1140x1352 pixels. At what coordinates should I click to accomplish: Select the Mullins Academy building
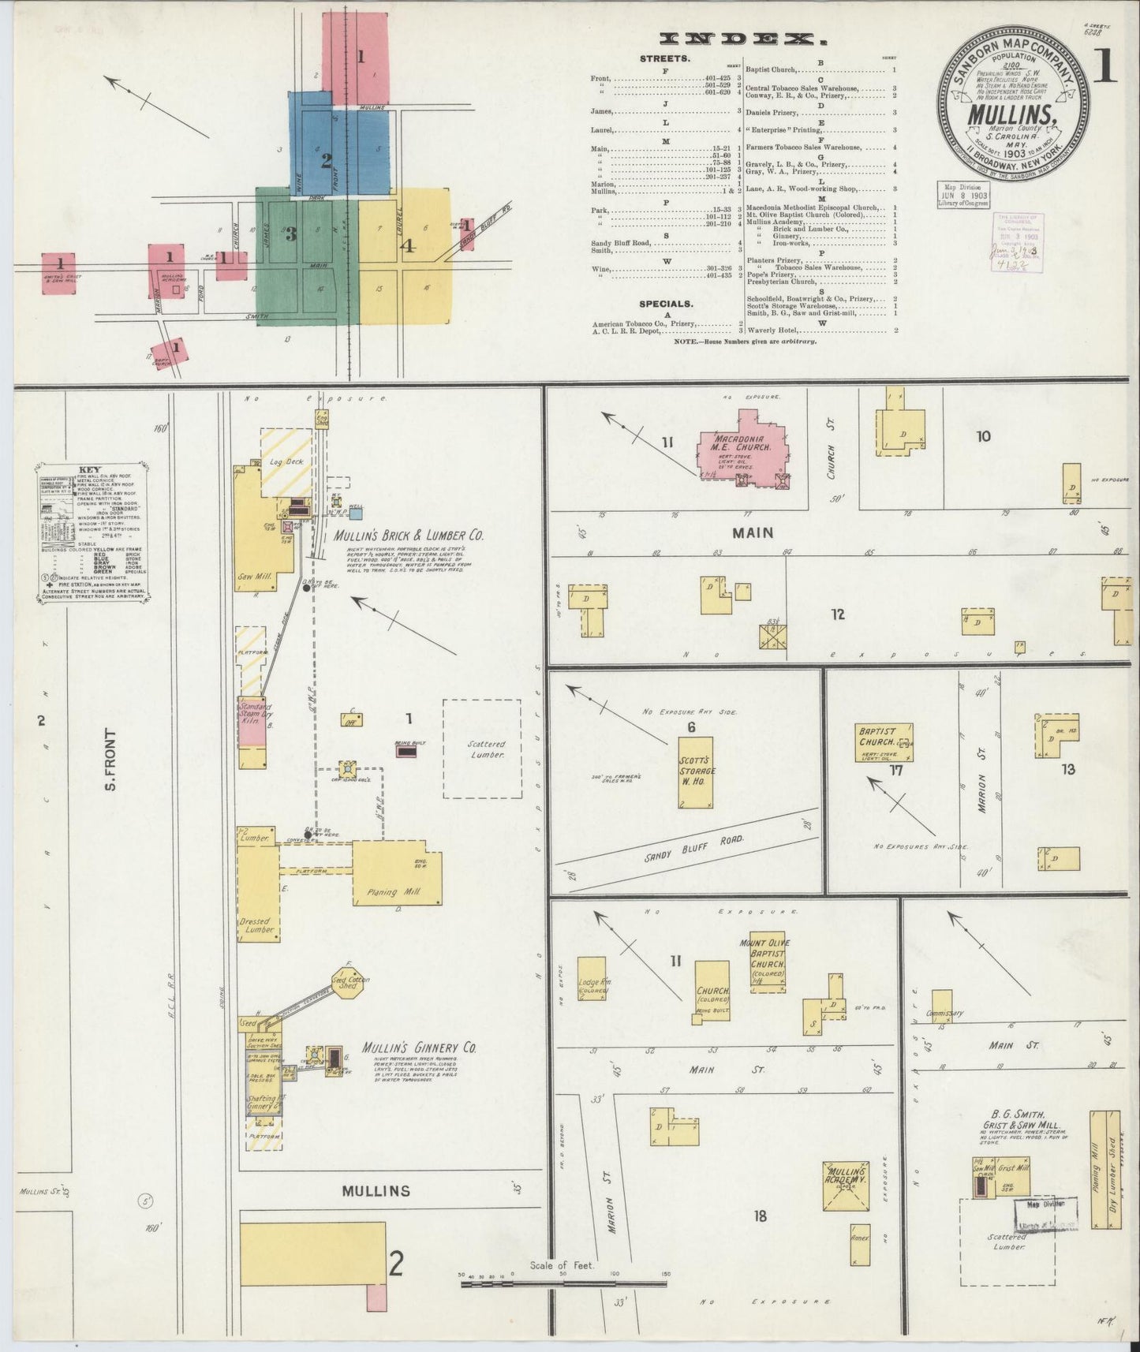(846, 1186)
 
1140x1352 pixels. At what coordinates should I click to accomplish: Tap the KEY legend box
(93, 533)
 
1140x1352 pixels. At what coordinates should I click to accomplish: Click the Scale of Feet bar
(563, 1284)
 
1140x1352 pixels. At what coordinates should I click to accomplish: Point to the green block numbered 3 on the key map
(304, 256)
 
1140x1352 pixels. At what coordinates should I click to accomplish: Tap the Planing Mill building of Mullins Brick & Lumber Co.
(397, 872)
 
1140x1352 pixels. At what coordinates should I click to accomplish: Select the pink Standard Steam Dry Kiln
(252, 722)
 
